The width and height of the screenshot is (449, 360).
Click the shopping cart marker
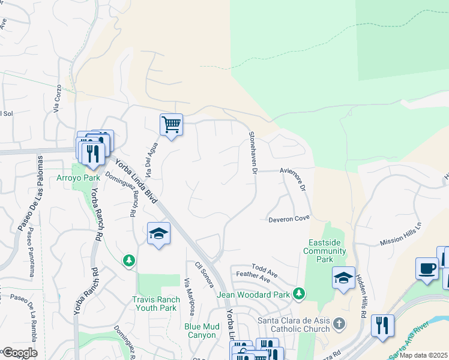point(171,125)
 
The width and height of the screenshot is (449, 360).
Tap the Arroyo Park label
point(78,178)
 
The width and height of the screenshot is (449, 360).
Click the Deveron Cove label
point(288,219)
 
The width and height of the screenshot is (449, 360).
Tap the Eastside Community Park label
point(325,251)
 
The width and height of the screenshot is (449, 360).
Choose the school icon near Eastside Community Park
point(343,278)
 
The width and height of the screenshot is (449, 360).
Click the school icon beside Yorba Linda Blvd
point(158,233)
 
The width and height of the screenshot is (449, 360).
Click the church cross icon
point(339,324)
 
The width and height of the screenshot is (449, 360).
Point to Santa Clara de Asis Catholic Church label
point(294,324)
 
